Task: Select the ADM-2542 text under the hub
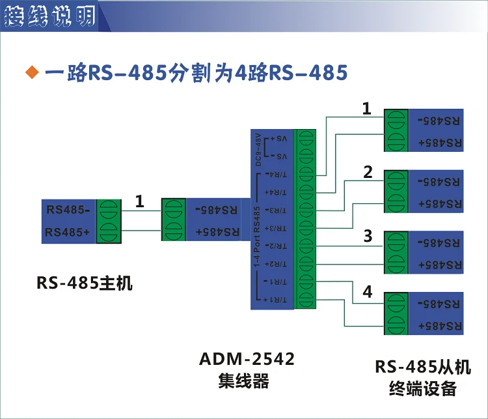point(247,359)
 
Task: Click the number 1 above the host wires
point(139,202)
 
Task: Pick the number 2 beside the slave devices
point(368,173)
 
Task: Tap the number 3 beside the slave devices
point(368,235)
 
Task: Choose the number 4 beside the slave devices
point(368,293)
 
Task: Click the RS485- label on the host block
point(68,209)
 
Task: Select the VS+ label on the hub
point(278,139)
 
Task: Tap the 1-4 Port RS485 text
point(258,238)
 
